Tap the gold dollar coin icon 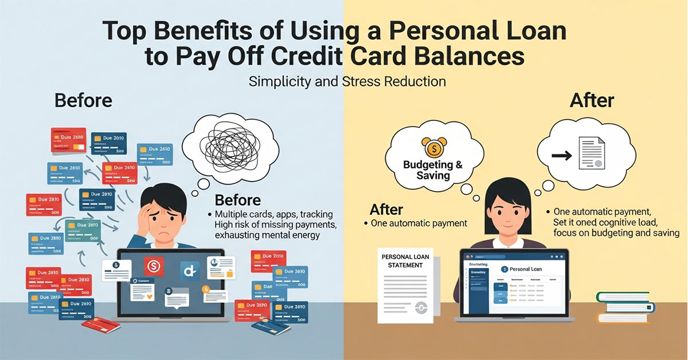point(433,147)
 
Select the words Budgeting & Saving point(433,170)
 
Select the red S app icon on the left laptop point(154,265)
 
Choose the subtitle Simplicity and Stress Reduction point(347,81)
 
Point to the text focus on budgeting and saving point(616,233)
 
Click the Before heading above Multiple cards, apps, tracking point(237,200)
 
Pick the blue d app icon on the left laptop point(188,268)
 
